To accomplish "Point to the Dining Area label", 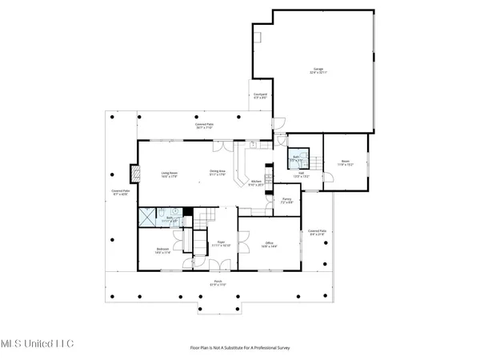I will [x=217, y=171].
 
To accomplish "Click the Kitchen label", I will [x=256, y=182].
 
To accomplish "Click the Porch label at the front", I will [x=218, y=282].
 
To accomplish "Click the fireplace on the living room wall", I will [x=134, y=173].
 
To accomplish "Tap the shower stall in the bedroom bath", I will [x=146, y=214].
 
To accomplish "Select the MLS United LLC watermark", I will [x=37, y=343].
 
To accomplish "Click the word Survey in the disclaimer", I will [x=282, y=348].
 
